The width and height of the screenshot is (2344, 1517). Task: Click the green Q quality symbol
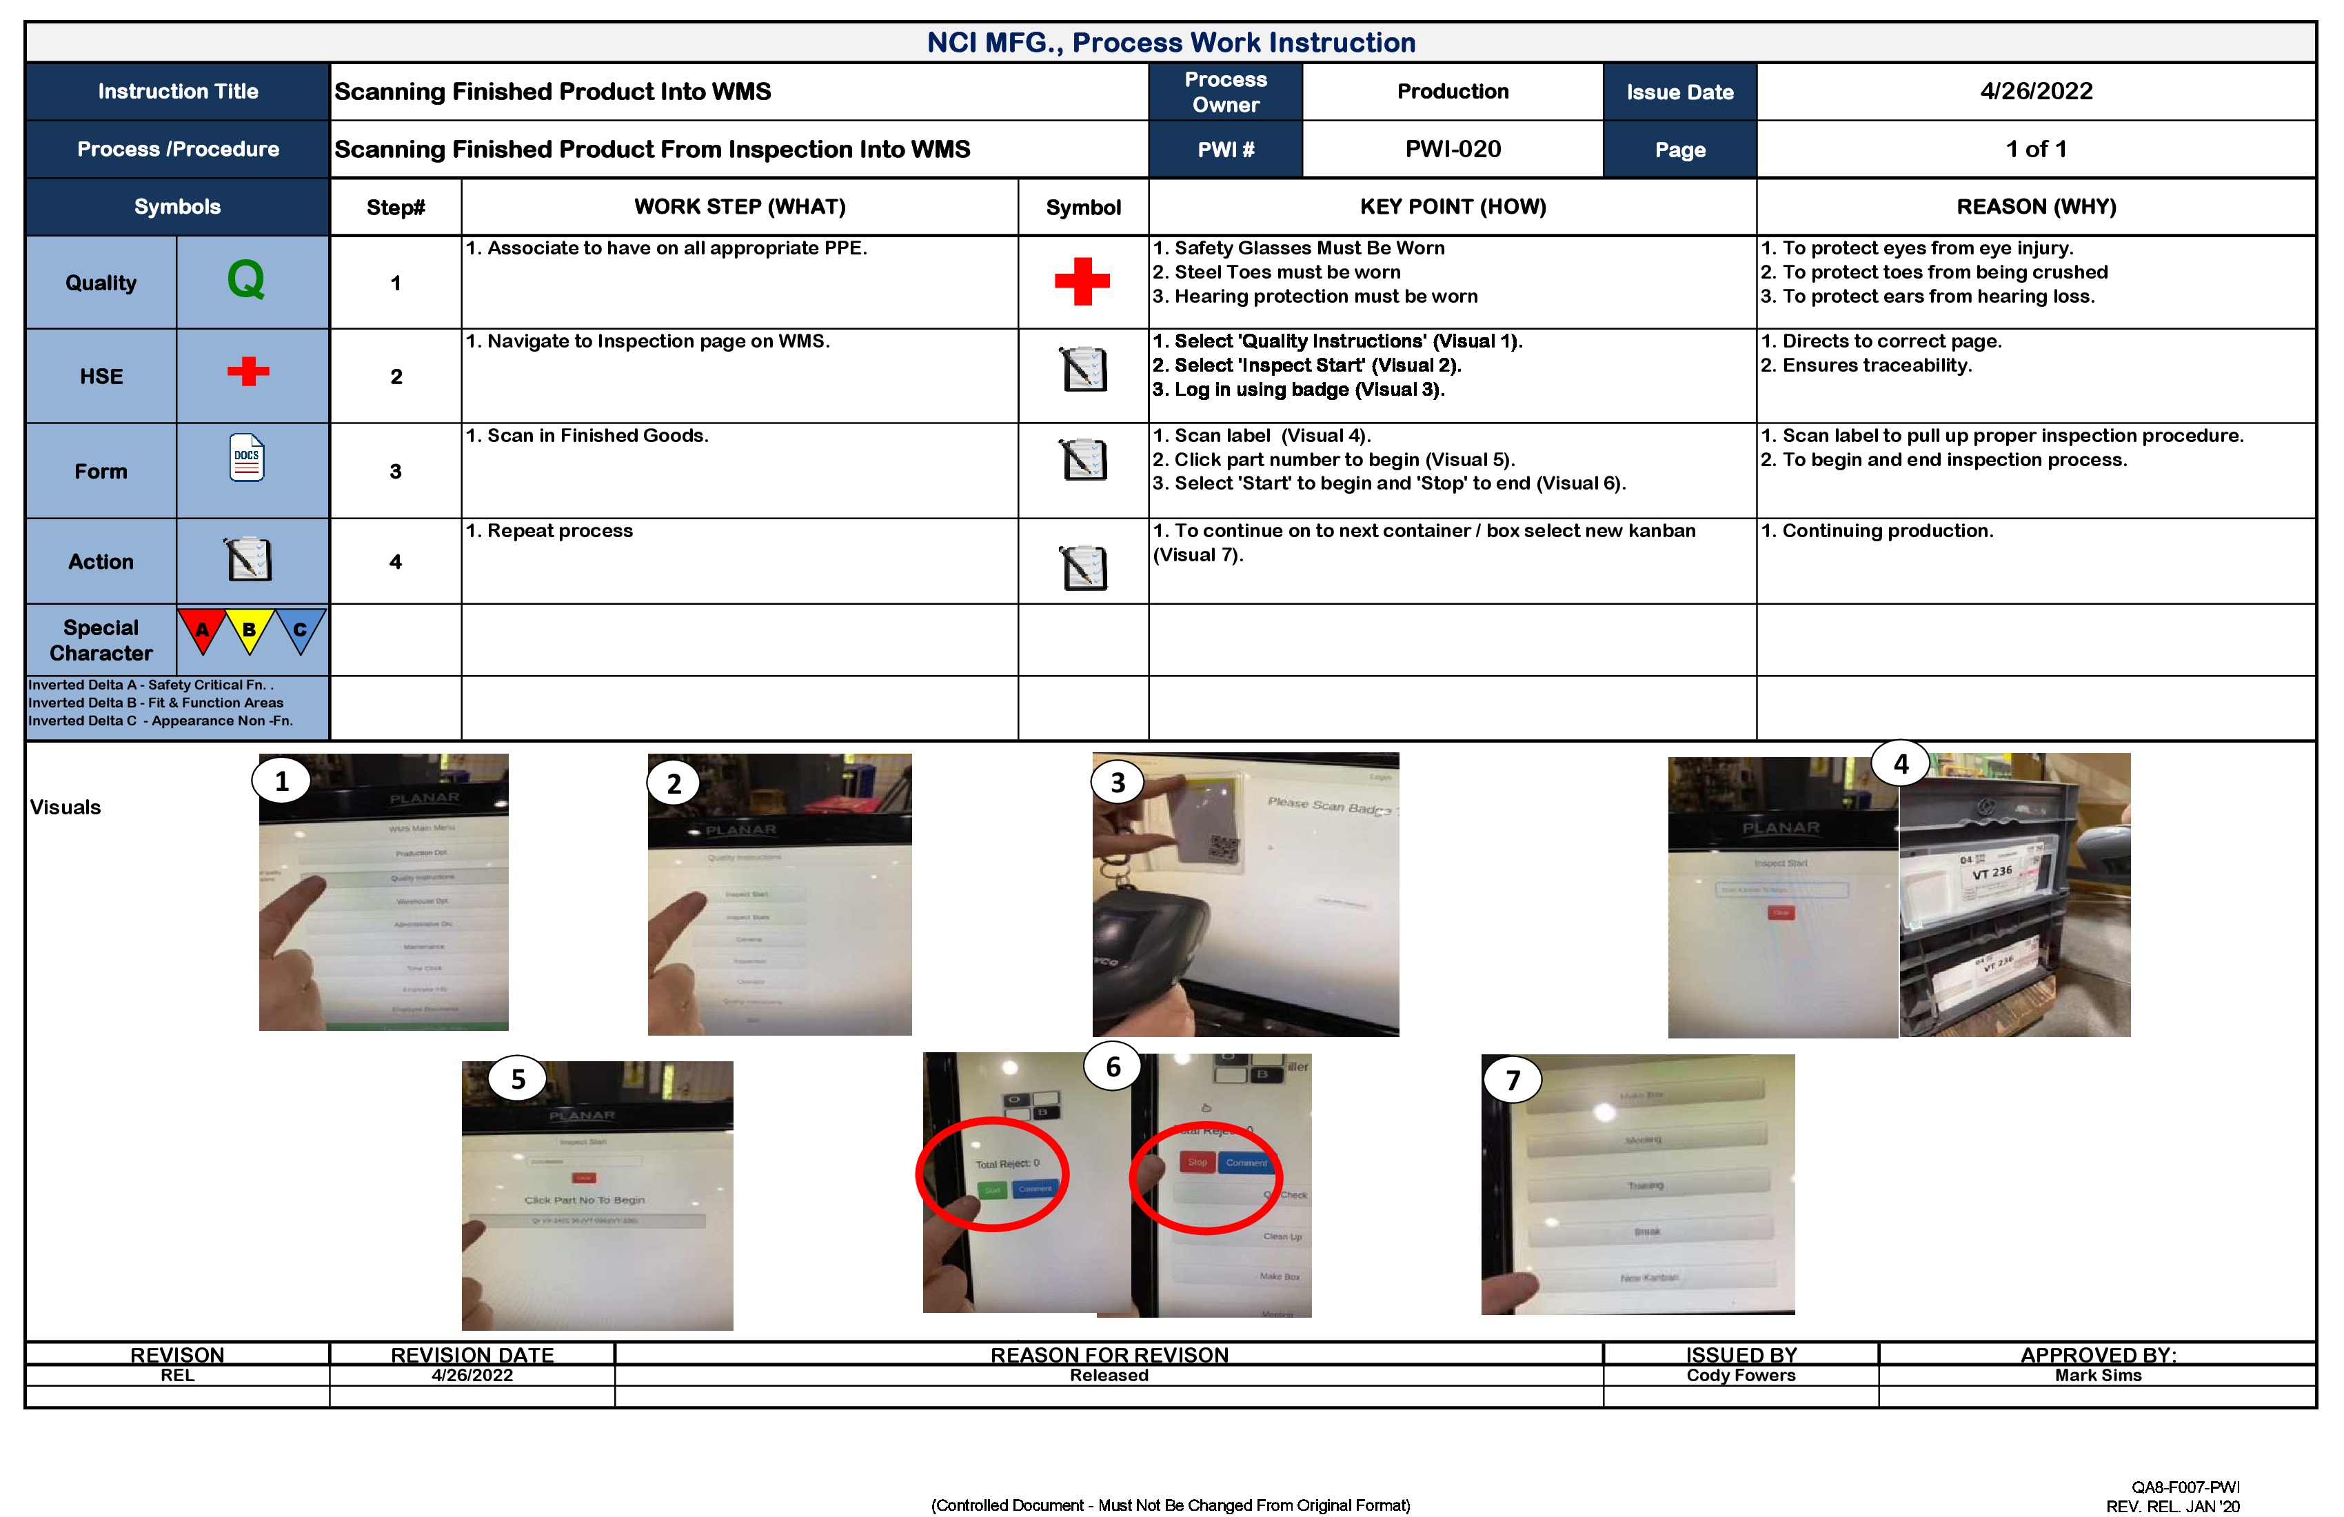click(245, 280)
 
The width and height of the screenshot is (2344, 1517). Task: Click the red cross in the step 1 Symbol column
click(1082, 282)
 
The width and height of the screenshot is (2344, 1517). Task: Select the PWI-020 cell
click(1452, 150)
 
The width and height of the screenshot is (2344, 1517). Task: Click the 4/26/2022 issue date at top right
click(2036, 92)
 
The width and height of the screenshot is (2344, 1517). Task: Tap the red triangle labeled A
click(202, 630)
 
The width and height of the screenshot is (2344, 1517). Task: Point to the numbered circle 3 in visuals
click(1118, 783)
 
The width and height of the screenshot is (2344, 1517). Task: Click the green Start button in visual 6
click(992, 1190)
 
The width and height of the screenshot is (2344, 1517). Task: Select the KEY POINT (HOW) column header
click(1452, 207)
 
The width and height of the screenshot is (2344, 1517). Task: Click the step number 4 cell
click(396, 561)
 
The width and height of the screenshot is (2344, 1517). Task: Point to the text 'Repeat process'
click(559, 531)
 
